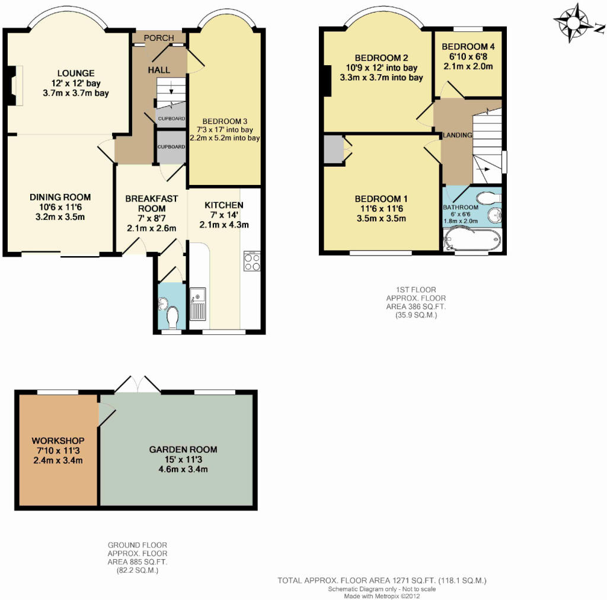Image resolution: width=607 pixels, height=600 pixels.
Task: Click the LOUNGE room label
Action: pos(76,73)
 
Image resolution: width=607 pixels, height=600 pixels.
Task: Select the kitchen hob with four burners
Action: pos(252,261)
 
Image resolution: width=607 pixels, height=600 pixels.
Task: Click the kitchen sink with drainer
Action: pos(198,304)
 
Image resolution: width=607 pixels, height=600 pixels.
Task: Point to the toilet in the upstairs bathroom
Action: pos(488,199)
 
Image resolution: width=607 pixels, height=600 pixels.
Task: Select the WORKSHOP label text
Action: pos(58,441)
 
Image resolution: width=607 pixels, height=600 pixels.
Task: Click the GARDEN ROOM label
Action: pos(183,449)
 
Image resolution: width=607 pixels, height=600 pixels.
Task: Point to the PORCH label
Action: pos(159,38)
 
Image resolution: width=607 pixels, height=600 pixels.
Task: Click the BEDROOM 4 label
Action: pos(468,46)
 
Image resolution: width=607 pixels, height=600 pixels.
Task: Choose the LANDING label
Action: pos(458,135)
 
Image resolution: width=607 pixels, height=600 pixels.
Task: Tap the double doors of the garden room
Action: pos(138,384)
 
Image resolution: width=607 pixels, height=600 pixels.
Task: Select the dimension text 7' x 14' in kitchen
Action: pos(223,215)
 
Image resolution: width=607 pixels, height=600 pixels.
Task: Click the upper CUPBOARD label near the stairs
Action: pos(171,119)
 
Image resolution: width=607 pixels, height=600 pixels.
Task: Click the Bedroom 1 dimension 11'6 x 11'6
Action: pos(381,209)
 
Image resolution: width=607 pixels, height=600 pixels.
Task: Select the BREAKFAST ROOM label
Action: pos(151,203)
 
